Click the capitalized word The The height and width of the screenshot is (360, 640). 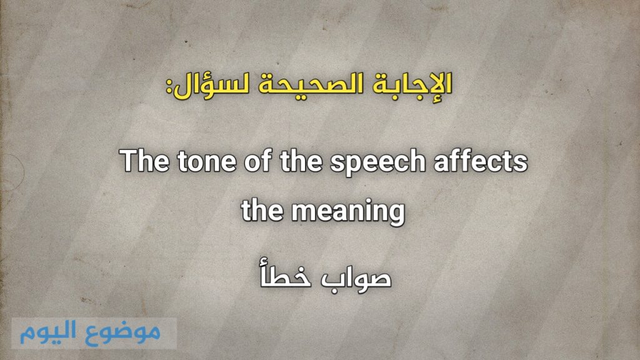coord(143,162)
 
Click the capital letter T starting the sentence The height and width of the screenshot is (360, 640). coord(129,162)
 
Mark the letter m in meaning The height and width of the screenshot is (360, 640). coord(305,213)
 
